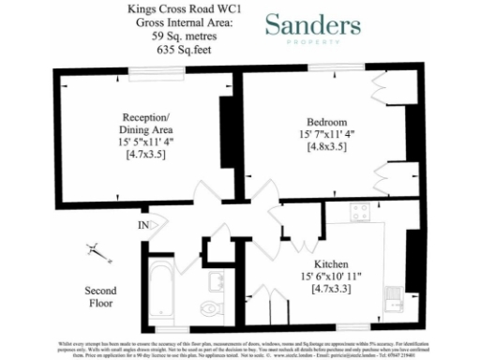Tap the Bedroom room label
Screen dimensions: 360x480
coord(326,122)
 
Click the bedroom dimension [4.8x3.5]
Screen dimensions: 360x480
coord(327,148)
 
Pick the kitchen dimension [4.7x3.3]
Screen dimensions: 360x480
coord(332,290)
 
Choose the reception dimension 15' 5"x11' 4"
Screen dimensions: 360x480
coord(145,142)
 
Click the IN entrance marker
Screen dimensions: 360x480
coord(143,225)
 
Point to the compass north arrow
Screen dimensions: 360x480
coord(95,250)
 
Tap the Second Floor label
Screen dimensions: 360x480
coord(100,297)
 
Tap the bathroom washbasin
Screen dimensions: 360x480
coord(216,277)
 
